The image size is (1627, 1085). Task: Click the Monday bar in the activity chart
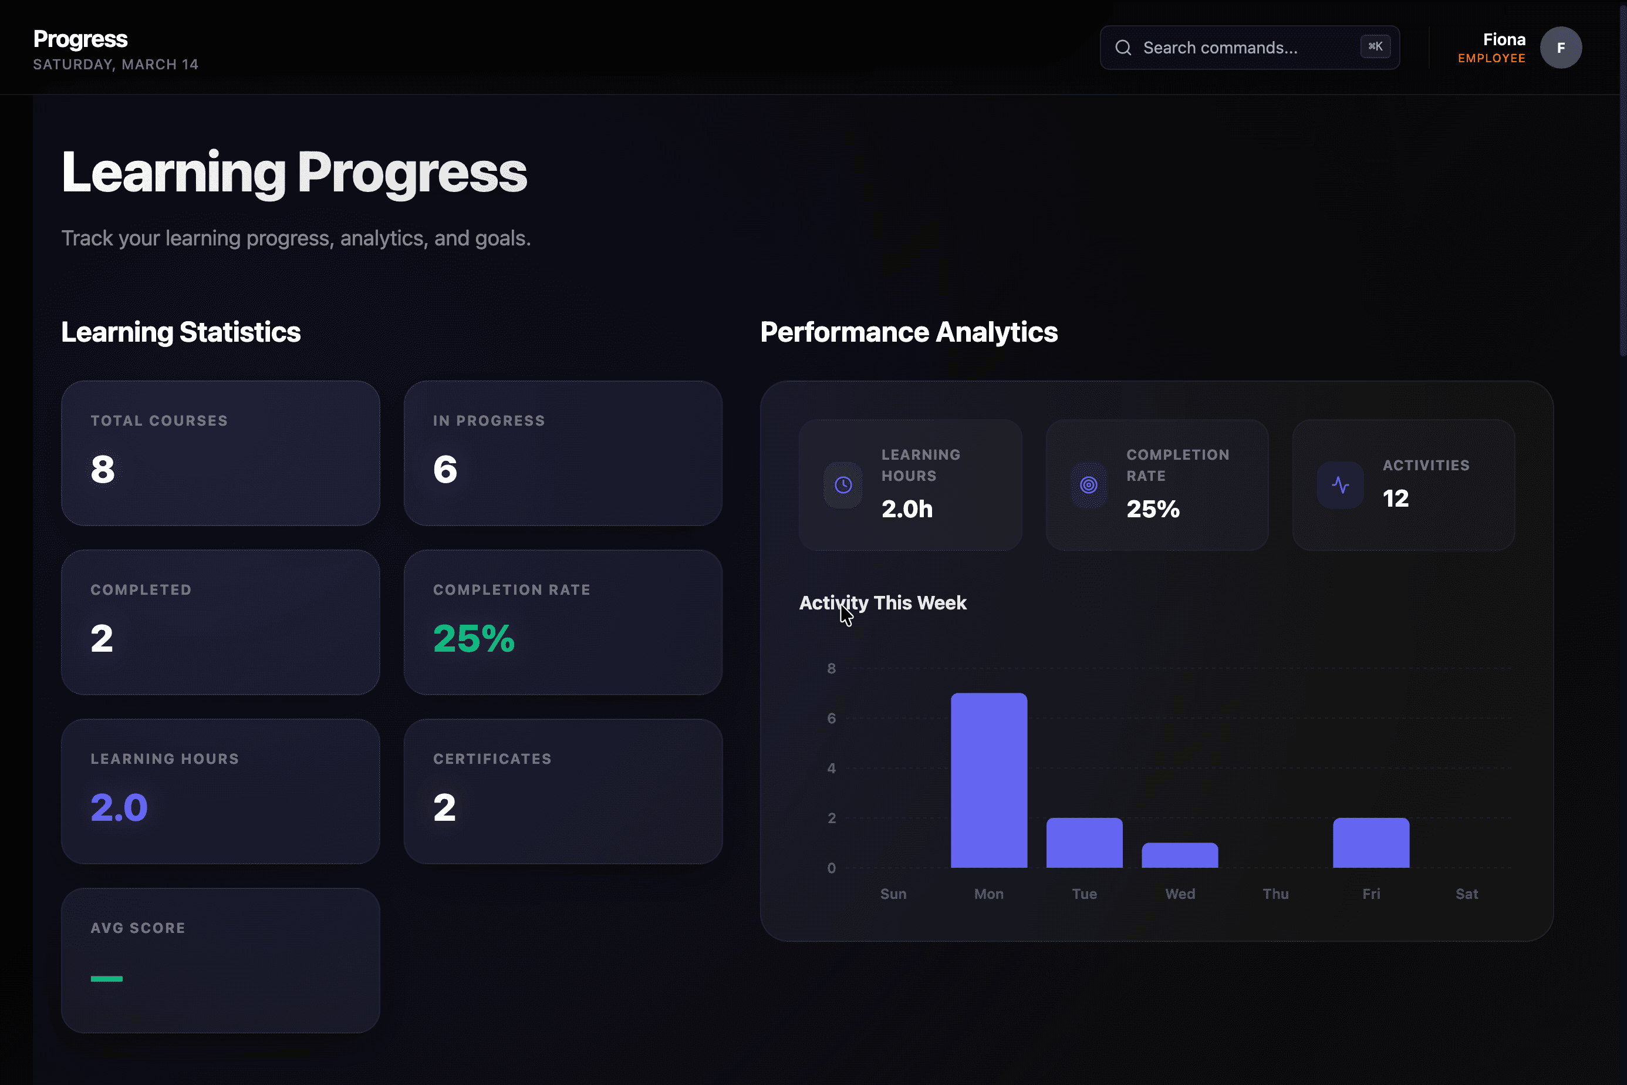[x=988, y=780]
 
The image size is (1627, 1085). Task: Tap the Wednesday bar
[x=1179, y=855]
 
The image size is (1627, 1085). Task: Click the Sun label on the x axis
[x=893, y=894]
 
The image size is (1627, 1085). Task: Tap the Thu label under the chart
[x=1275, y=894]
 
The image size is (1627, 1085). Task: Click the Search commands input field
[x=1238, y=48]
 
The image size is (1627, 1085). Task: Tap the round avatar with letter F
[x=1561, y=48]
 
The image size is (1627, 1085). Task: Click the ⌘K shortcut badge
[x=1375, y=46]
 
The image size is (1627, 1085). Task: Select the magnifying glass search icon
[x=1123, y=48]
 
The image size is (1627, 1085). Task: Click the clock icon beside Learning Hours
[x=843, y=485]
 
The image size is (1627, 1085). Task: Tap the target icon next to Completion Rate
[x=1088, y=485]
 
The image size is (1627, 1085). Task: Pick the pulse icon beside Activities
[x=1340, y=485]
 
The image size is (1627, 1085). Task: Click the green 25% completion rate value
[x=474, y=638]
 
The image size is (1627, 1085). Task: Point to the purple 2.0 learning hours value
[x=119, y=807]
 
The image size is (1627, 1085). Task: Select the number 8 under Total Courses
[x=102, y=469]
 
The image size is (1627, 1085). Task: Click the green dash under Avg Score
[x=107, y=978]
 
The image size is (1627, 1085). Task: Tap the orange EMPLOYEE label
[x=1491, y=58]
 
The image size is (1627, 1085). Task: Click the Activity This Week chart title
[x=883, y=603]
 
